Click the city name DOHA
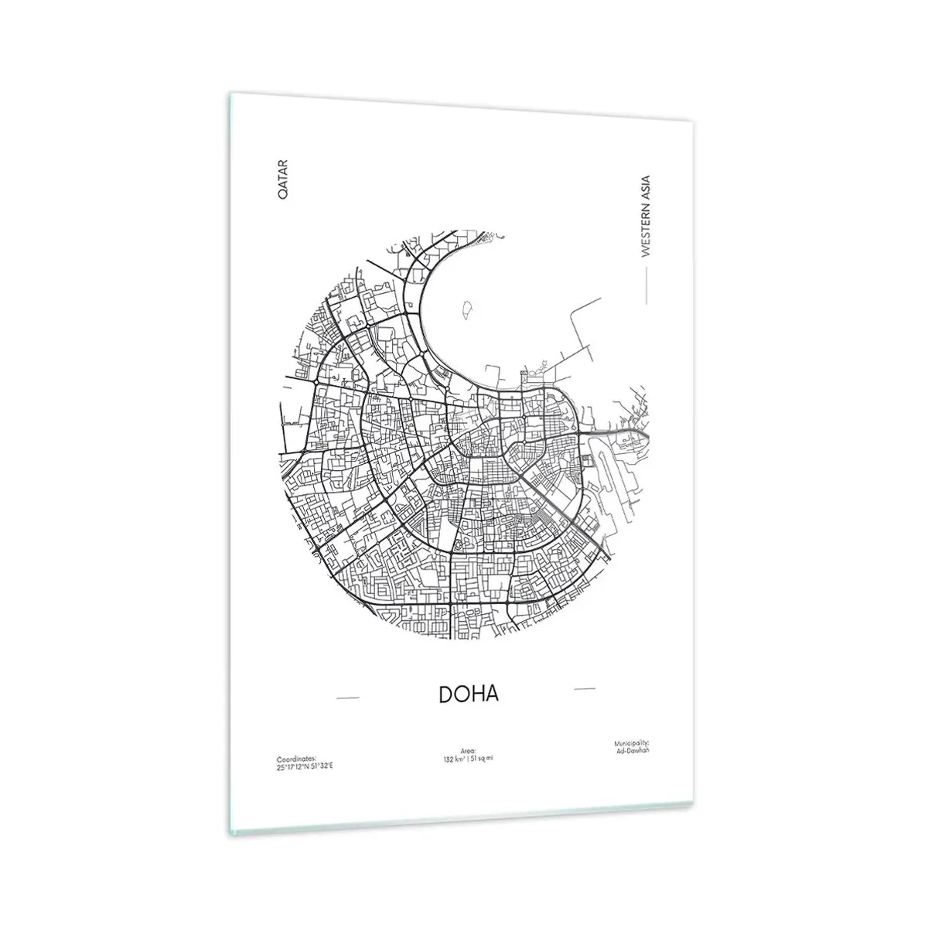point(469,694)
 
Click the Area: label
point(466,750)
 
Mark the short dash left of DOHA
point(348,698)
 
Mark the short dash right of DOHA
point(585,687)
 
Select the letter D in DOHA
point(447,694)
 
